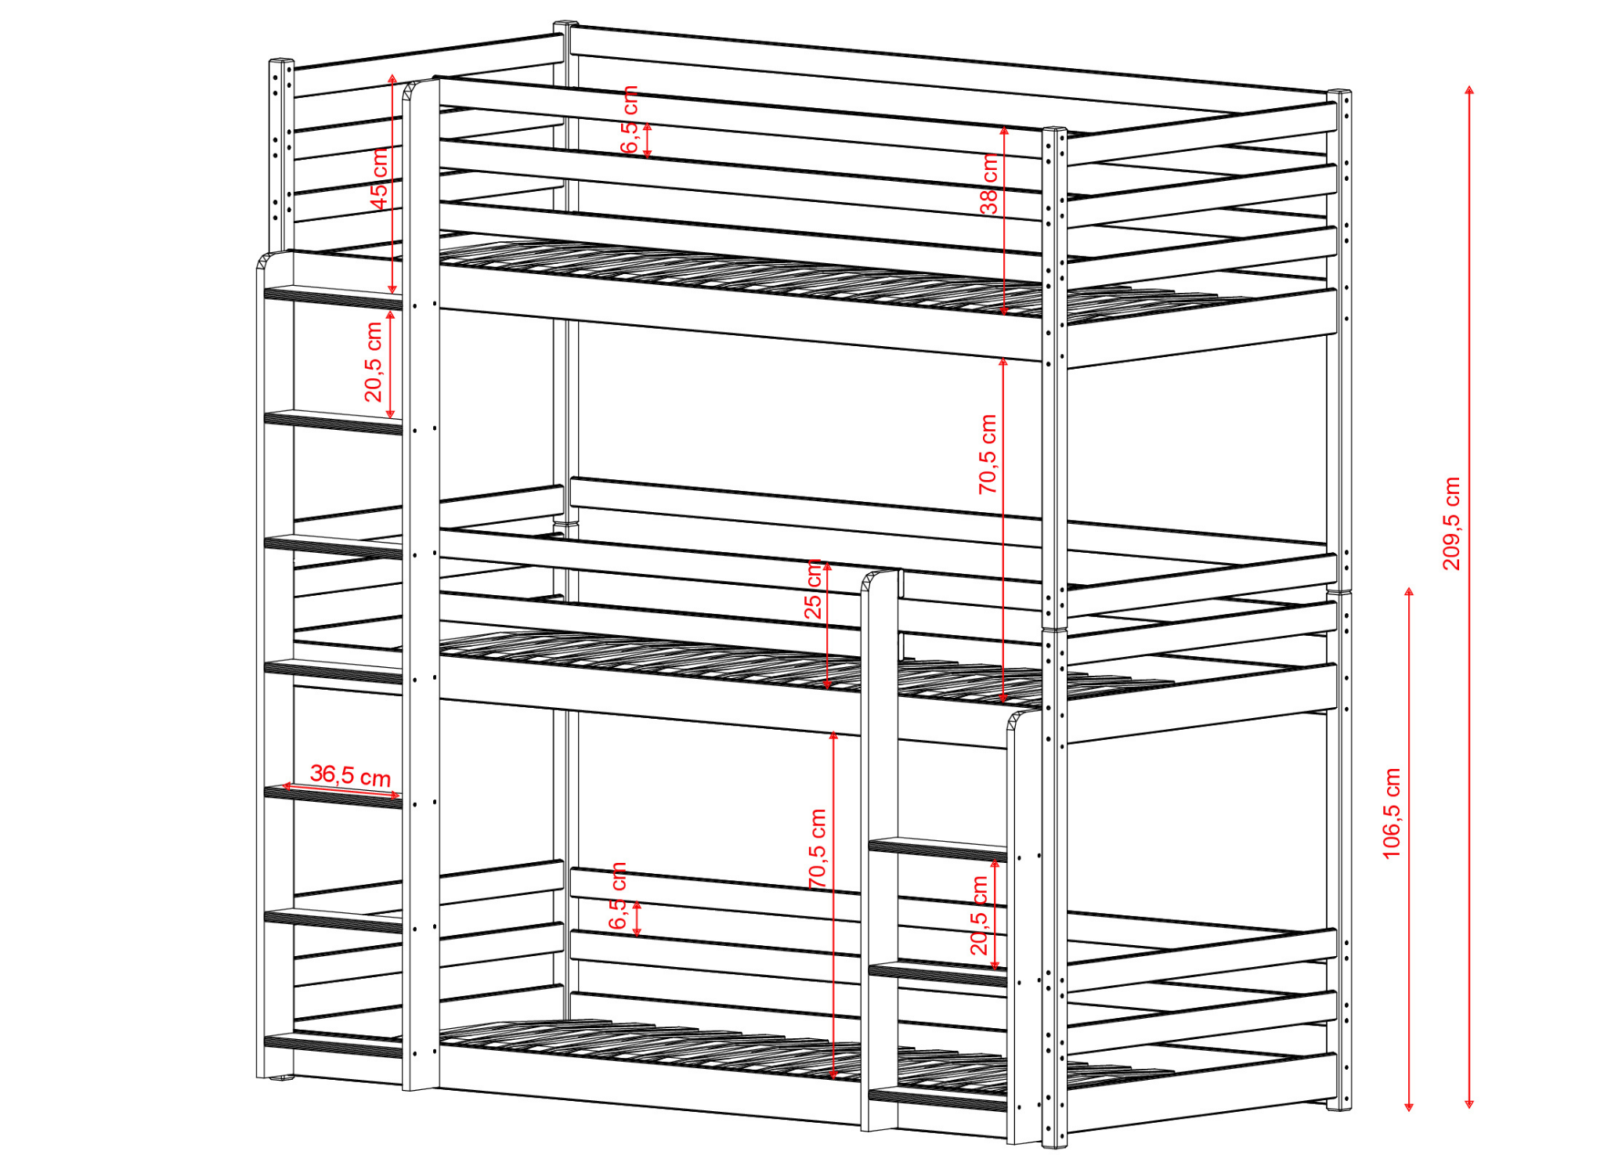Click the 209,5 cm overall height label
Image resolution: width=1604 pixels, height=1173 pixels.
tap(1451, 523)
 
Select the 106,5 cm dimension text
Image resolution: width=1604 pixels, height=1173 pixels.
tap(1392, 814)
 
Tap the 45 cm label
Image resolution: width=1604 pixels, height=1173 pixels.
tap(379, 179)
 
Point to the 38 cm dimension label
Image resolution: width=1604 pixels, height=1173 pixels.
tap(990, 184)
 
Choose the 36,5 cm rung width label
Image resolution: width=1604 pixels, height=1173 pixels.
tap(350, 775)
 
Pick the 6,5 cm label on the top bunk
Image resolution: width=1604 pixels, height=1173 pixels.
tap(630, 120)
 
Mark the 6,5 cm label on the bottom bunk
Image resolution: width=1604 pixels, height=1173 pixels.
tap(618, 896)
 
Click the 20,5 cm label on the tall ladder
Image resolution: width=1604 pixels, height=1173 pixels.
tap(374, 362)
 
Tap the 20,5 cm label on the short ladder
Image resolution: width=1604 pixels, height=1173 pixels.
tap(980, 915)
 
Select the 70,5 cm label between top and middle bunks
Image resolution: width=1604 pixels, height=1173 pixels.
tap(988, 454)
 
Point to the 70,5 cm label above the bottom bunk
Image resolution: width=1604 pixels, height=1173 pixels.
tap(818, 849)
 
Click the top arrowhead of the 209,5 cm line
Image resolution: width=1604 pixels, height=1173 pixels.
tap(1469, 89)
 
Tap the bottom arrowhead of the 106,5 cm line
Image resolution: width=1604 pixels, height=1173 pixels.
tap(1409, 1106)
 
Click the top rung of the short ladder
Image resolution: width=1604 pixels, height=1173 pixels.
tap(937, 849)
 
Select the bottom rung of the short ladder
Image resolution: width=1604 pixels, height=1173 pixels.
tap(937, 1099)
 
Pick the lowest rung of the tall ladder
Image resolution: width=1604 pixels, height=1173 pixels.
tap(333, 1045)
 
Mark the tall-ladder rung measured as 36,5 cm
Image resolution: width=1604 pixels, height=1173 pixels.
tap(333, 797)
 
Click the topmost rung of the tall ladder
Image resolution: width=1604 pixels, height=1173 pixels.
tap(333, 298)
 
